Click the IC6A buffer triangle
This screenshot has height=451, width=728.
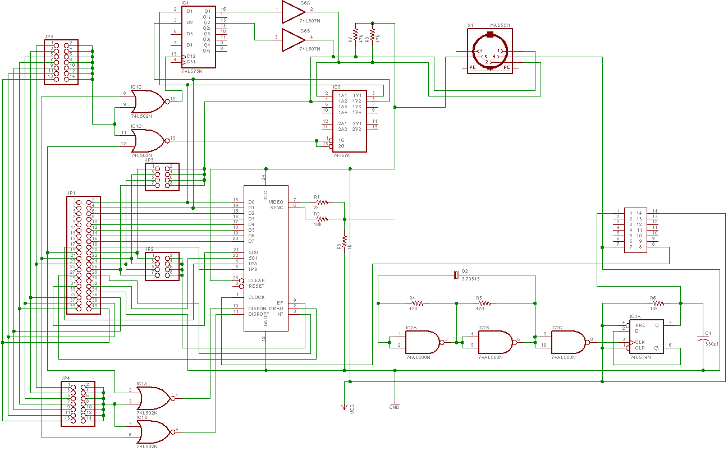(x=292, y=10)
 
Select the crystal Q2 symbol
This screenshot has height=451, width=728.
(x=456, y=275)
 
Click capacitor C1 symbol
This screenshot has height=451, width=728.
(x=703, y=339)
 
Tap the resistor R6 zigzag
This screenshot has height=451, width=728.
(x=657, y=303)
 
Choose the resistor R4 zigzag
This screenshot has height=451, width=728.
(x=416, y=303)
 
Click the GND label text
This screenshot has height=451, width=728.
(x=394, y=407)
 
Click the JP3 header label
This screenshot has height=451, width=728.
(x=49, y=36)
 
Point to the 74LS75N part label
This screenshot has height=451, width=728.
(x=191, y=72)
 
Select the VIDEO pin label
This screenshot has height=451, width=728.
(x=277, y=202)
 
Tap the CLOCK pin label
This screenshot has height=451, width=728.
(x=257, y=297)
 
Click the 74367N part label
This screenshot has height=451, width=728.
(x=342, y=155)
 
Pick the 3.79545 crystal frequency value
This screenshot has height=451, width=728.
(x=470, y=279)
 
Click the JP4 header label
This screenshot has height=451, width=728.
(x=66, y=378)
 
